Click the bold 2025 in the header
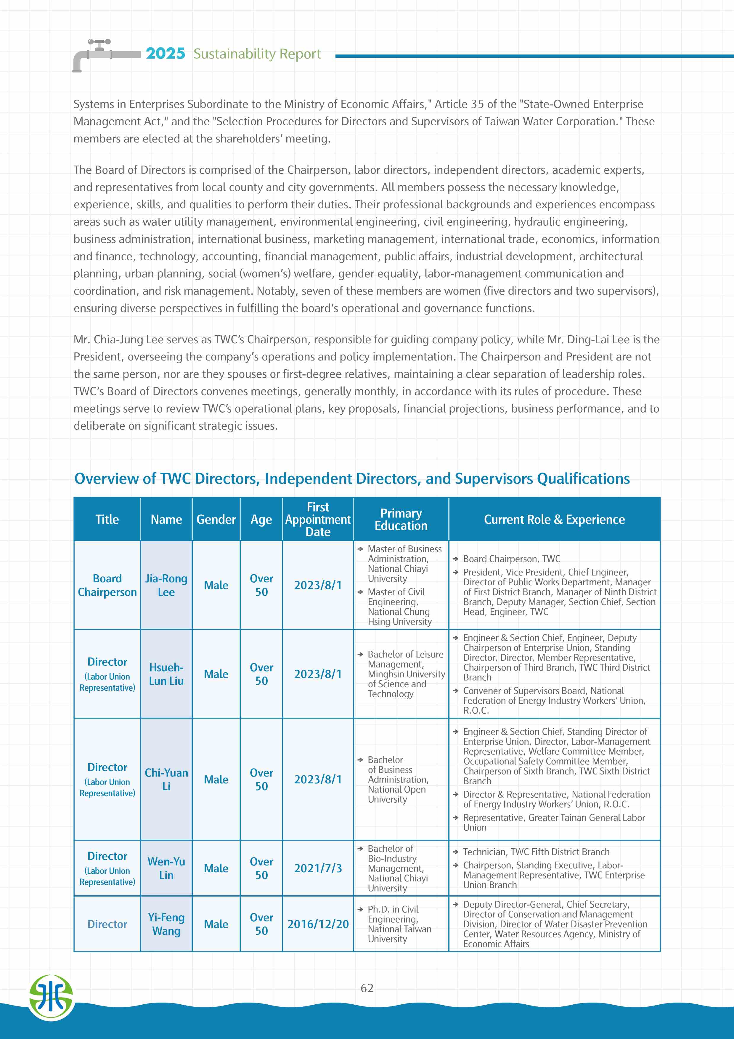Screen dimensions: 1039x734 click(x=165, y=53)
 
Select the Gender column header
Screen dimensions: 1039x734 click(x=216, y=519)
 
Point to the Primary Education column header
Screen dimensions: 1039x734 click(x=401, y=519)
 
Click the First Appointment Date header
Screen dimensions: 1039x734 click(x=318, y=519)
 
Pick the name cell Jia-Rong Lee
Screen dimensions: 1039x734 click(x=166, y=585)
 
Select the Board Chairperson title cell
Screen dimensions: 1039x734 click(x=107, y=585)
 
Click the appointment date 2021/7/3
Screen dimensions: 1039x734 click(x=318, y=868)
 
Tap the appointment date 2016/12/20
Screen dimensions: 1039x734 click(x=318, y=924)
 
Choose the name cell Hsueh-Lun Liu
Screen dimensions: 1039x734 click(x=166, y=674)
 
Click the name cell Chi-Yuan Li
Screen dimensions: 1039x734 click(x=166, y=779)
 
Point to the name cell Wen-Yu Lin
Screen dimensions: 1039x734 click(x=166, y=868)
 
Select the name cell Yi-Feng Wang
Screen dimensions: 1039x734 click(x=166, y=924)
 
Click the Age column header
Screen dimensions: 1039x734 click(x=261, y=519)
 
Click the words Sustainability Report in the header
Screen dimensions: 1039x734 click(x=257, y=54)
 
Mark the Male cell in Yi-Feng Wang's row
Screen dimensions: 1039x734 click(x=216, y=924)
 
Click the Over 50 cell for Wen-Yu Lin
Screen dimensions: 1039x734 click(x=261, y=868)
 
